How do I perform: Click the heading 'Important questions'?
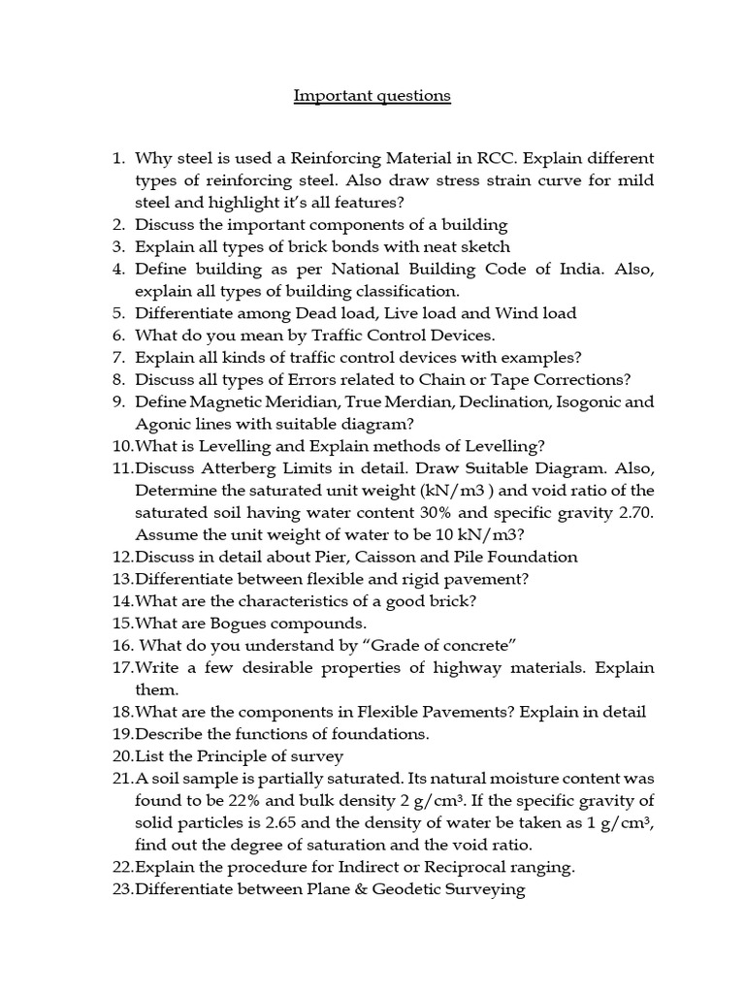pos(372,96)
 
